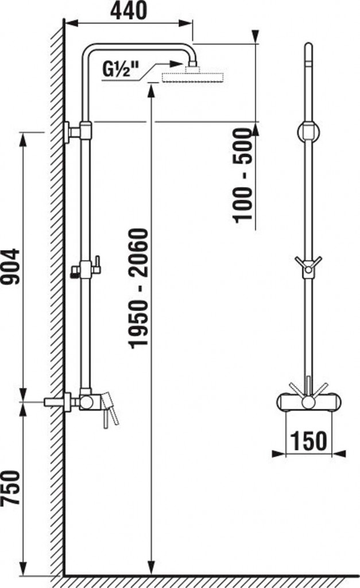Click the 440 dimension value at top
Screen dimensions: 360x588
coord(128,11)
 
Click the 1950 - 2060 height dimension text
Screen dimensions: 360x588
coord(139,288)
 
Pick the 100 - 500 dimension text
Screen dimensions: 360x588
coord(243,176)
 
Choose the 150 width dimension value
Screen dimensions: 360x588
coord(309,440)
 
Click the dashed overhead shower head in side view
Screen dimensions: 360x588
coord(193,78)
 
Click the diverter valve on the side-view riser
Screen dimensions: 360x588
coord(86,269)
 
